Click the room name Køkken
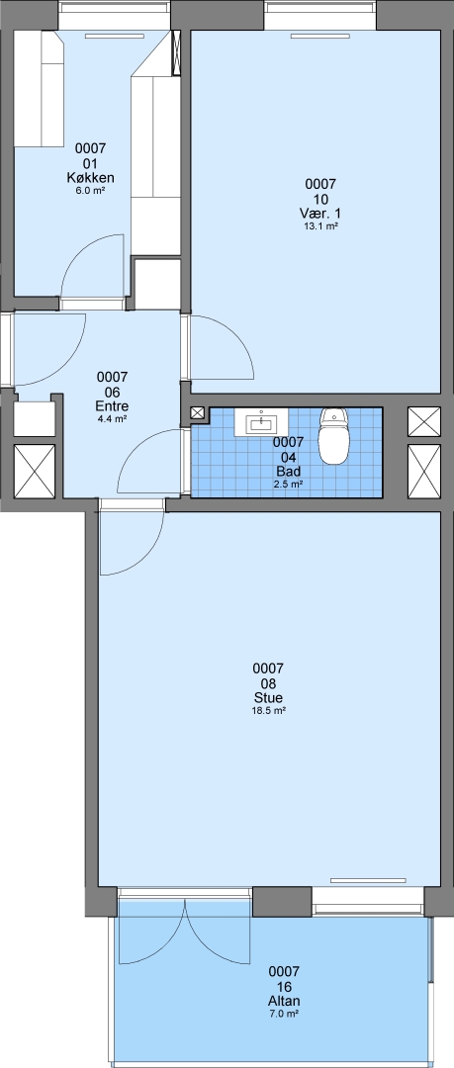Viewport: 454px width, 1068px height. click(x=90, y=178)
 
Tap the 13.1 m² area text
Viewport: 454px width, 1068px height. click(x=321, y=226)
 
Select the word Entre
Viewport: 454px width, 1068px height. click(x=113, y=406)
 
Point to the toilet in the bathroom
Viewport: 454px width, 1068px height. click(x=333, y=436)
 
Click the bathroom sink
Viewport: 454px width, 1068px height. click(x=261, y=422)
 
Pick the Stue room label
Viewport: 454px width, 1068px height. click(x=268, y=698)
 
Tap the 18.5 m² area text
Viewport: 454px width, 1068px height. click(x=268, y=711)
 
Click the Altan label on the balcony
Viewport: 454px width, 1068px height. click(x=284, y=1001)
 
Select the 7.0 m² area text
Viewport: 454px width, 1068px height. click(x=284, y=1015)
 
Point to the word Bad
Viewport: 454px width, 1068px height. click(x=289, y=471)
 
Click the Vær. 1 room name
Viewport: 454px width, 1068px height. click(x=321, y=214)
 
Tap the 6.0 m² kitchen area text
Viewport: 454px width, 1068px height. click(x=90, y=192)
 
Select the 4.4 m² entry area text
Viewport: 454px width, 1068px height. click(x=113, y=419)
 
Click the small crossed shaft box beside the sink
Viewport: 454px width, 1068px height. click(x=198, y=412)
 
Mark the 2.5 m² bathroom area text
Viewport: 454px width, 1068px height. click(x=289, y=484)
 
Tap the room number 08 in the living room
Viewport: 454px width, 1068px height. click(x=268, y=683)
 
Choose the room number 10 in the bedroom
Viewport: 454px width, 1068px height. click(x=321, y=199)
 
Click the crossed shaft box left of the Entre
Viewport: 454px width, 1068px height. click(x=35, y=472)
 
